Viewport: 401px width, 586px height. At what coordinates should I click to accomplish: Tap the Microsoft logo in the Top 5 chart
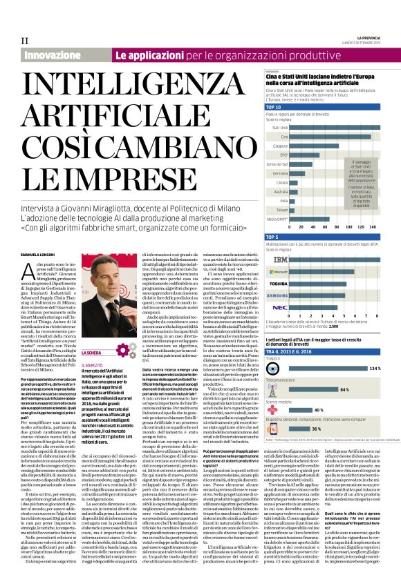point(279,273)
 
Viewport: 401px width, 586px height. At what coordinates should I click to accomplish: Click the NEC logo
point(279,307)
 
